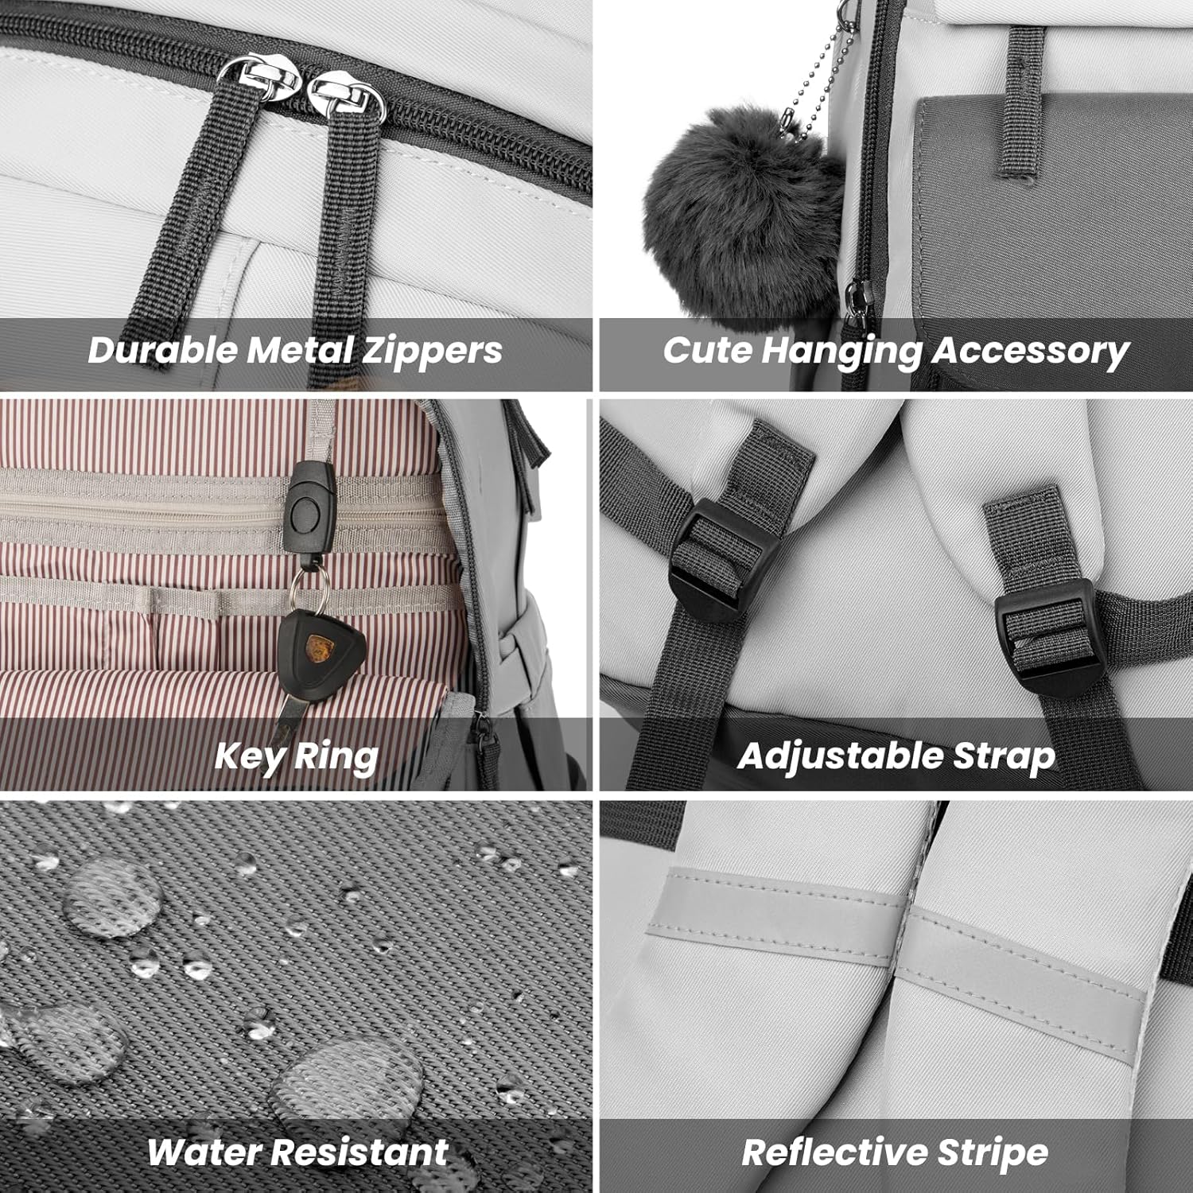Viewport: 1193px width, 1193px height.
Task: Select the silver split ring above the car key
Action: click(304, 590)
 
